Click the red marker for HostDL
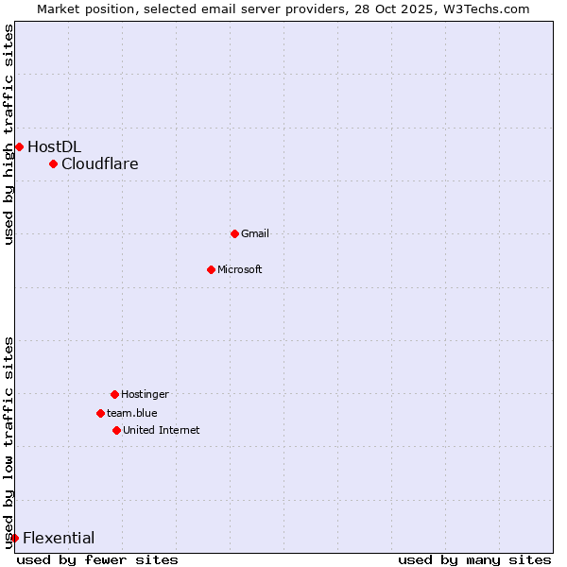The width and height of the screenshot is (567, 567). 19,146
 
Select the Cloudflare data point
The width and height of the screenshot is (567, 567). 54,164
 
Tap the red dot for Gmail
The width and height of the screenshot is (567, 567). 235,233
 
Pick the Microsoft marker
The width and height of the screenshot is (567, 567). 212,269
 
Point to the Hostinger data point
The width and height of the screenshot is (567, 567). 114,394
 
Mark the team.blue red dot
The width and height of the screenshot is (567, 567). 100,413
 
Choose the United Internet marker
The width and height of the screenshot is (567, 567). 116,430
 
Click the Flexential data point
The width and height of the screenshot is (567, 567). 14,539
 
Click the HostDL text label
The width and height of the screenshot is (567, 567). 54,146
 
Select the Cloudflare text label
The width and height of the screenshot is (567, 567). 100,164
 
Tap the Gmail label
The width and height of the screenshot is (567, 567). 255,233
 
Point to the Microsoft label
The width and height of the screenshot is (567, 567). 240,269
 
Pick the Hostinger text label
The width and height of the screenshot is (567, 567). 145,394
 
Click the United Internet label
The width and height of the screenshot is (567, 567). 161,430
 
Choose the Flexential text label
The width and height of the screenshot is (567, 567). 59,539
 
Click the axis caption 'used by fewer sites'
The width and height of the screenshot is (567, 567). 97,559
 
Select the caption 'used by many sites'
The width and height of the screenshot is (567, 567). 474,559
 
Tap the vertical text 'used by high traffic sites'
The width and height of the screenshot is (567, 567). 9,134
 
